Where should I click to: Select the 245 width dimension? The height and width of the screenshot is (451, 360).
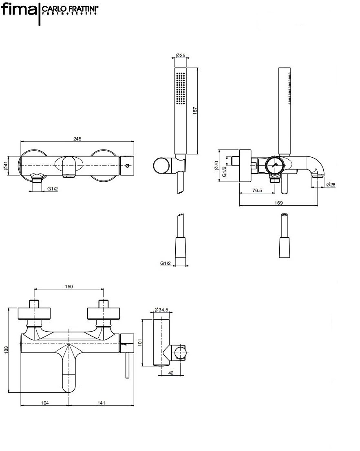(x=77, y=139)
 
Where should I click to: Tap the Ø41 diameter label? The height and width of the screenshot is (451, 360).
(x=6, y=166)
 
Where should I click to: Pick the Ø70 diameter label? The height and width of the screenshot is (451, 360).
(x=216, y=165)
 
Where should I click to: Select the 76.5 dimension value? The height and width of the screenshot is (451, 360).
(x=257, y=190)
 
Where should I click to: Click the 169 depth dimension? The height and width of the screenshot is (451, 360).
(x=279, y=203)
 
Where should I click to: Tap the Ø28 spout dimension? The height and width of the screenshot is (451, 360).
(x=331, y=185)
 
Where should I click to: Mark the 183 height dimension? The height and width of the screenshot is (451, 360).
(x=6, y=350)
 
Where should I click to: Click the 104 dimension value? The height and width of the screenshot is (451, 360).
(x=45, y=403)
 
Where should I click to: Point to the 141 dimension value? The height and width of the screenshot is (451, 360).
(x=102, y=403)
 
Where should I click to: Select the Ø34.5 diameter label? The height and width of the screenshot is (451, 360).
(x=162, y=310)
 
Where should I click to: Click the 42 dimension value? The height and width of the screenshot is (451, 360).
(x=171, y=373)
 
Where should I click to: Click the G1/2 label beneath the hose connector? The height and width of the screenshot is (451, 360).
(x=166, y=264)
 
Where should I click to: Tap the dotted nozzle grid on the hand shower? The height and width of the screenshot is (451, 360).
(x=180, y=87)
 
